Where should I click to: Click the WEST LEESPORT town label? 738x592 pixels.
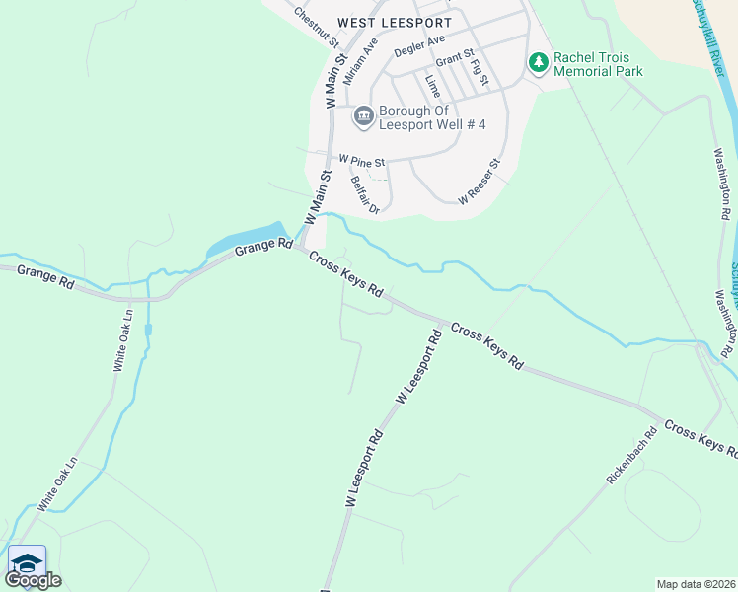pyautogui.click(x=394, y=22)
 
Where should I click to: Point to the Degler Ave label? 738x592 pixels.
pyautogui.click(x=419, y=45)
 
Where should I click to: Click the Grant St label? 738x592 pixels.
pyautogui.click(x=455, y=59)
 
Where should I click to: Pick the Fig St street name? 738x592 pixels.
pyautogui.click(x=480, y=73)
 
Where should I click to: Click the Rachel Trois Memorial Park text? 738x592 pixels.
pyautogui.click(x=598, y=64)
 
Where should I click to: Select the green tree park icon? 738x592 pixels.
pyautogui.click(x=538, y=63)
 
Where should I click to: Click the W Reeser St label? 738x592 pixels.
pyautogui.click(x=480, y=182)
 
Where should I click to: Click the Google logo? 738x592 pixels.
pyautogui.click(x=34, y=580)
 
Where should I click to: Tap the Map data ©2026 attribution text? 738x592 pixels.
pyautogui.click(x=697, y=584)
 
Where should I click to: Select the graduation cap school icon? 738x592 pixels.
pyautogui.click(x=27, y=561)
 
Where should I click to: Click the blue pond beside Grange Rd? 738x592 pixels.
pyautogui.click(x=247, y=240)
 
